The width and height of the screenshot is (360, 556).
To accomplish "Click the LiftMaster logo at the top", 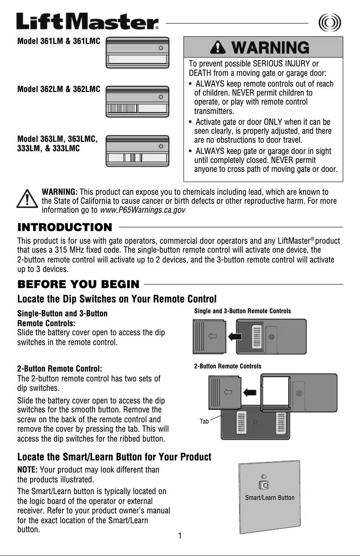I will coord(88,22).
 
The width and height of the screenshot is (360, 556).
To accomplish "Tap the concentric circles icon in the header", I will coord(329,22).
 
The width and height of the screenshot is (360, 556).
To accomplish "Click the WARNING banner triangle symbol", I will coord(220,47).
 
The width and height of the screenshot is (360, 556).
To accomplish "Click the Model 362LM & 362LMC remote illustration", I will coord(137,102).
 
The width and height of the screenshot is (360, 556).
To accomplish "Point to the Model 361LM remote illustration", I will coord(137,53).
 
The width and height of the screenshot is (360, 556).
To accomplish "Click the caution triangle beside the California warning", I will coord(26,198).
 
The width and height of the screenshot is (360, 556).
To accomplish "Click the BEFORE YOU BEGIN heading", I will coord(78,284).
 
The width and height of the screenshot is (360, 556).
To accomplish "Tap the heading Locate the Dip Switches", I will coord(117,299).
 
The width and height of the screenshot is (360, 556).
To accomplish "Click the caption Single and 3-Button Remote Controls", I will coord(242,311).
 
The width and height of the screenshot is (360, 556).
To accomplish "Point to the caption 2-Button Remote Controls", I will coord(228,366).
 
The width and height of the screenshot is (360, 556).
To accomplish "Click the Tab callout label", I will coord(204,421).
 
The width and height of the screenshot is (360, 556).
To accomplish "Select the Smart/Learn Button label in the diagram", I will coord(270,497).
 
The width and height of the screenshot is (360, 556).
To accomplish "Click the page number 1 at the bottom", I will coord(180,535).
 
